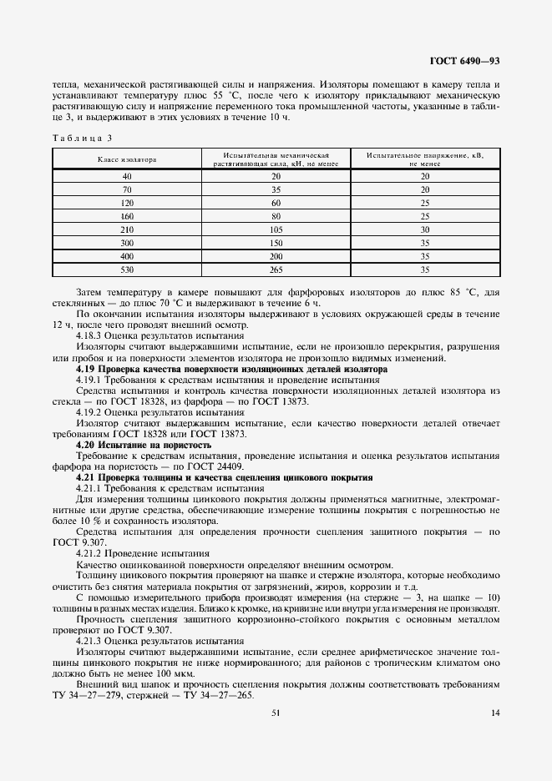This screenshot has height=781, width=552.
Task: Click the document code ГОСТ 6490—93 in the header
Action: (463, 61)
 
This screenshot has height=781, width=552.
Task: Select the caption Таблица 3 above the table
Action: (81, 137)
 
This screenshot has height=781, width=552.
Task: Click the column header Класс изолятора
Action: (127, 159)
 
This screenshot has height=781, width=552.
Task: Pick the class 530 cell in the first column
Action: (127, 270)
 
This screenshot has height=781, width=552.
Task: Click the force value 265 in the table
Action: (276, 270)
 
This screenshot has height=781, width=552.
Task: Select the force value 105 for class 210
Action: (276, 229)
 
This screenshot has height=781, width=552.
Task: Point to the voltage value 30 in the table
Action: (424, 229)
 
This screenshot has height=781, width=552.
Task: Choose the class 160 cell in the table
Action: (127, 215)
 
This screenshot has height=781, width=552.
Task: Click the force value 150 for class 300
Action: (276, 243)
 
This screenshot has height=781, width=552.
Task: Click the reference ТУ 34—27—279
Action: (89, 696)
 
